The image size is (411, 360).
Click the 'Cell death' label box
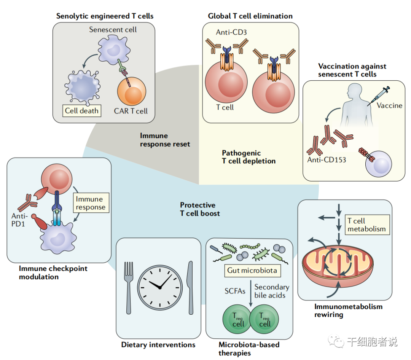tap(82, 111)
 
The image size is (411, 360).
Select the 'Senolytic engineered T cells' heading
tap(105, 16)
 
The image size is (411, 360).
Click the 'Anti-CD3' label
tap(231, 32)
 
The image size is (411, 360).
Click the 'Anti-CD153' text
tap(327, 159)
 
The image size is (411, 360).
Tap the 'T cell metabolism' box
tap(366, 225)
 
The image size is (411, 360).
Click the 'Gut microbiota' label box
tap(252, 271)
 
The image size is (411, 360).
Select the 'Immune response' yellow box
tap(90, 203)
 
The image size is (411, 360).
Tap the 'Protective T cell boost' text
tap(200, 209)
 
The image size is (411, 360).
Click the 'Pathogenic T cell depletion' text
tap(249, 157)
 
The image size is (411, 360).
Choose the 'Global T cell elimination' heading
tap(250, 16)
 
